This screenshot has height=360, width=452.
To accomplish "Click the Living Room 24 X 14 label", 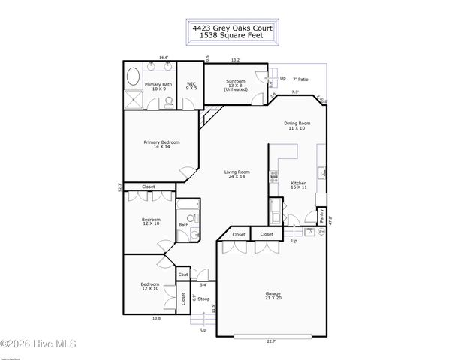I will tap(237, 174).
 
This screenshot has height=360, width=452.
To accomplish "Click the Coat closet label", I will tap(183, 275).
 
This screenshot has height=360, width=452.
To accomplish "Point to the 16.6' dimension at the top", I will tap(162, 57).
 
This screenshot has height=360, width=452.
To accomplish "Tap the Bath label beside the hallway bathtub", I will tap(183, 225).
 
